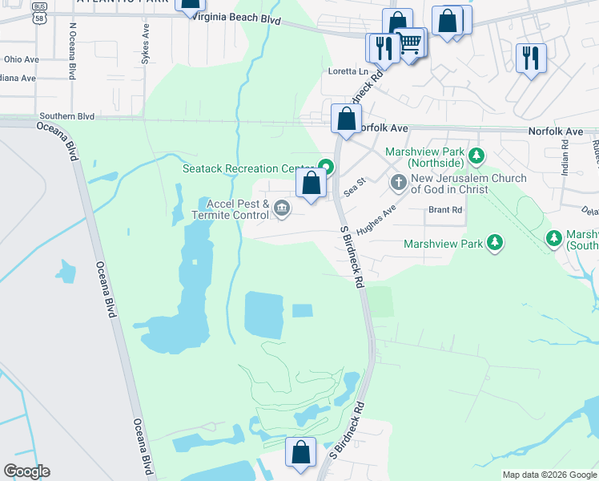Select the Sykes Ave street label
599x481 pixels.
pos(146,43)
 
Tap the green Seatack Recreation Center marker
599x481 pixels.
pos(326,168)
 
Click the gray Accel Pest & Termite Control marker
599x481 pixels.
pos(282,209)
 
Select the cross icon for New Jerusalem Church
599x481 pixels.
pos(399,184)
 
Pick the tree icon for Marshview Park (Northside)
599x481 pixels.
pos(476,154)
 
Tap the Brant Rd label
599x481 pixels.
pos(445,210)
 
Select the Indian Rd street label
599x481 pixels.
pos(565,156)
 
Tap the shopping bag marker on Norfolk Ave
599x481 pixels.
pos(346,120)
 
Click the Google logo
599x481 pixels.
pos(26,471)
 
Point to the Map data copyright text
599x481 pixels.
pos(549,475)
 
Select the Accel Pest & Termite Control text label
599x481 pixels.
pos(233,209)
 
